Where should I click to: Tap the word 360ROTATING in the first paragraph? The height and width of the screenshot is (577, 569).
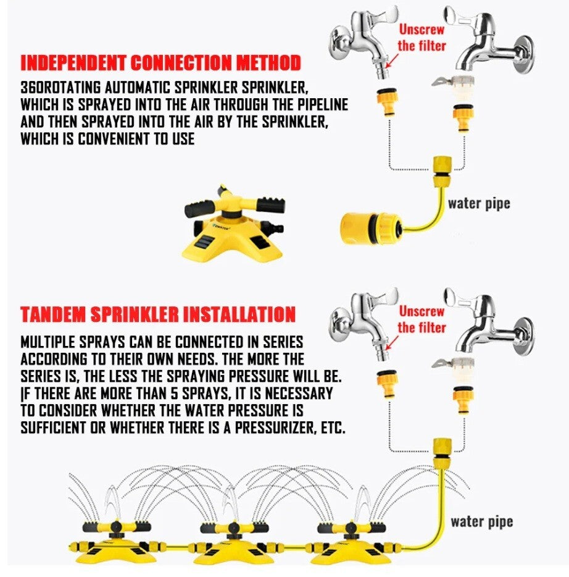(60, 88)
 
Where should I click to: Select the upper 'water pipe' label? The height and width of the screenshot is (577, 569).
(478, 203)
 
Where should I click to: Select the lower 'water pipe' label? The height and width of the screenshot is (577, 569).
(481, 522)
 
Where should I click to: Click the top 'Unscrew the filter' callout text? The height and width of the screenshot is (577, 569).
(422, 38)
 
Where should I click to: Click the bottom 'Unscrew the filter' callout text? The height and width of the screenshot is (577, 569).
(422, 319)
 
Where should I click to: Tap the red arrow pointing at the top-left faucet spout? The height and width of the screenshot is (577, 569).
(392, 61)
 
